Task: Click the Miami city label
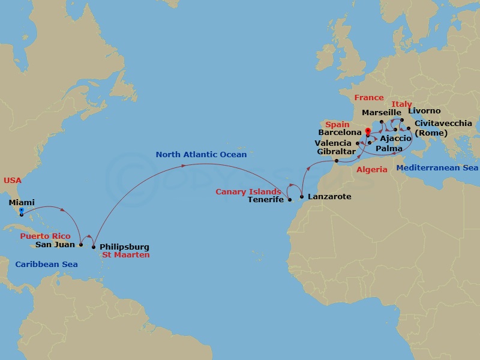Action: pyautogui.click(x=22, y=203)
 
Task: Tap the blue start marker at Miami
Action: pyautogui.click(x=20, y=211)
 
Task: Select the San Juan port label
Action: pyautogui.click(x=55, y=245)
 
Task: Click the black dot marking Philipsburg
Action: pyautogui.click(x=94, y=247)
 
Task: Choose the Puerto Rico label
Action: pyautogui.click(x=45, y=236)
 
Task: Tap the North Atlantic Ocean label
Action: pyautogui.click(x=201, y=155)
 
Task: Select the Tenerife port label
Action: pyautogui.click(x=266, y=200)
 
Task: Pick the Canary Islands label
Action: pyautogui.click(x=248, y=192)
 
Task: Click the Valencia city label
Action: pyautogui.click(x=333, y=143)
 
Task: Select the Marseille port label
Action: pyautogui.click(x=382, y=113)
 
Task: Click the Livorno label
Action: pyautogui.click(x=424, y=111)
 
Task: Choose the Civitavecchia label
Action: pyautogui.click(x=443, y=124)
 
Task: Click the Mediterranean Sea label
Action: pyautogui.click(x=437, y=168)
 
